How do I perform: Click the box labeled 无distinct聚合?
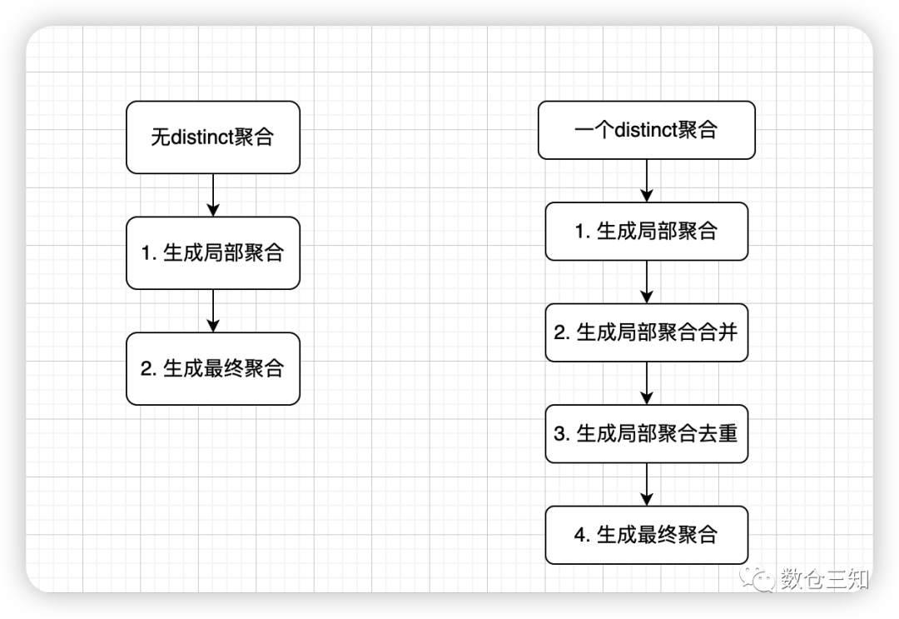click(212, 137)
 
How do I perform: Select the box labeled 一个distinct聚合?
click(646, 130)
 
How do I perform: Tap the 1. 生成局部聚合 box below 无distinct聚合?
click(212, 253)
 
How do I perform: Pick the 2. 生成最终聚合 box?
click(212, 368)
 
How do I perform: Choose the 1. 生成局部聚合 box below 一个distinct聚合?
click(646, 232)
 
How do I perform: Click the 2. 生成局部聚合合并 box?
click(646, 332)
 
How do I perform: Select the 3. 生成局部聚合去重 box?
click(646, 433)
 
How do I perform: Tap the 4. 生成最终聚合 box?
click(646, 534)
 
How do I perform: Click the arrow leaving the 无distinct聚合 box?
click(213, 195)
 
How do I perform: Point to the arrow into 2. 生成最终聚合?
click(213, 311)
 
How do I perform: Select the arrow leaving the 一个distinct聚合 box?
click(647, 180)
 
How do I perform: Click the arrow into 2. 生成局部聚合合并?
click(647, 282)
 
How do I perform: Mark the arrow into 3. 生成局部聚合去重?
click(647, 383)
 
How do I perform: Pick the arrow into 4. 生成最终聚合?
click(647, 484)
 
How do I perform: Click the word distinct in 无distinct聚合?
click(202, 137)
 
